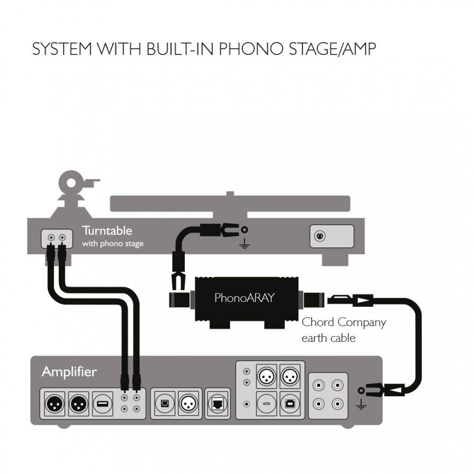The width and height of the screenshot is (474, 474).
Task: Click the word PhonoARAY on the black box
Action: (245, 298)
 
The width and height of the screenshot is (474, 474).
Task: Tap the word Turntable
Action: (107, 231)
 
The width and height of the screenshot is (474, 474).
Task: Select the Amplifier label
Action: (69, 372)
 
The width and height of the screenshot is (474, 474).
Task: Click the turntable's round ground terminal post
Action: (245, 231)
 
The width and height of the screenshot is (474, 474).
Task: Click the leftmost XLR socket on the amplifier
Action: (53, 404)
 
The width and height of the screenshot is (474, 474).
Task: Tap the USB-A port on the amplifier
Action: (102, 404)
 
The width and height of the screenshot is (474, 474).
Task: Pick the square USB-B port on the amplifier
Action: (290, 403)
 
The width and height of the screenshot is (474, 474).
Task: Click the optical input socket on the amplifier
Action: (164, 404)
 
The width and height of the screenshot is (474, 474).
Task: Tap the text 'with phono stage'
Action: (113, 244)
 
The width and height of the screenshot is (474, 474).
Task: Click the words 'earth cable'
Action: (328, 338)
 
